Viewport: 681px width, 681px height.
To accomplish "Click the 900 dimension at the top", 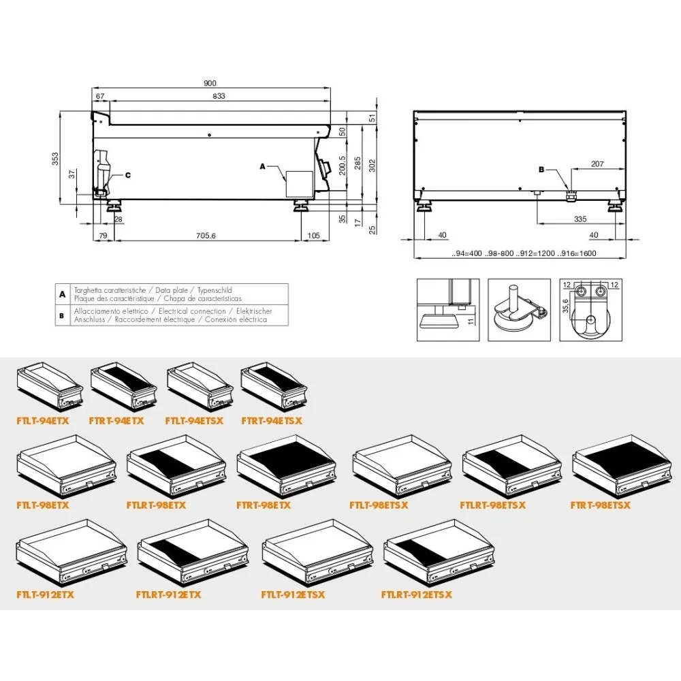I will pyautogui.click(x=210, y=83).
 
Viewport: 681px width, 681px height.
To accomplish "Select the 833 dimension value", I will pyautogui.click(x=218, y=97).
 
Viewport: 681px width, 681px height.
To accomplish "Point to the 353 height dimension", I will pyautogui.click(x=57, y=158).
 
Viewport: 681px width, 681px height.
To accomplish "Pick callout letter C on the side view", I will pyautogui.click(x=127, y=175).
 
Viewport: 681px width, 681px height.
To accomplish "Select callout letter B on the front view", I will pyautogui.click(x=542, y=168).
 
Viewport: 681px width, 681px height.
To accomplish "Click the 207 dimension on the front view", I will pyautogui.click(x=597, y=163).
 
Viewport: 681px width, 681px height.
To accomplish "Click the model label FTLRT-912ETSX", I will pyautogui.click(x=417, y=595).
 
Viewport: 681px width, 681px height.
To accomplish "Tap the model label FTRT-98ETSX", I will pyautogui.click(x=601, y=505).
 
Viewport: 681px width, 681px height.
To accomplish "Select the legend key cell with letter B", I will pyautogui.click(x=62, y=315).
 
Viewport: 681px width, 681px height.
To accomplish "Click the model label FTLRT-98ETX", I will pyautogui.click(x=156, y=505).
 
